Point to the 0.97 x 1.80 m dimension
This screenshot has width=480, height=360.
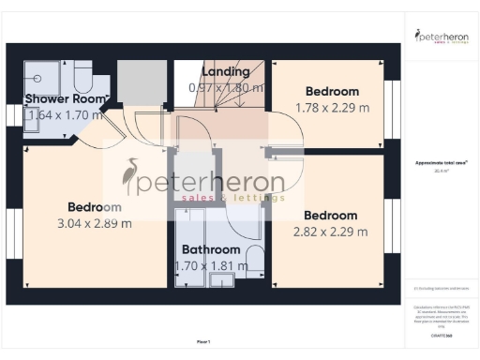point(226,87)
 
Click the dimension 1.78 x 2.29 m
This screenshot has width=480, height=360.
point(332,107)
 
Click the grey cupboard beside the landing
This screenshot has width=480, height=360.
point(141,82)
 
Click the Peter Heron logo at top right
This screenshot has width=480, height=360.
point(442,37)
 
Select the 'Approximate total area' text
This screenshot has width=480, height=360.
point(441,163)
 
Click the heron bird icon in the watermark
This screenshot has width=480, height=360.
point(131,177)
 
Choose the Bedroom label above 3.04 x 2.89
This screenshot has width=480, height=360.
point(95,206)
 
